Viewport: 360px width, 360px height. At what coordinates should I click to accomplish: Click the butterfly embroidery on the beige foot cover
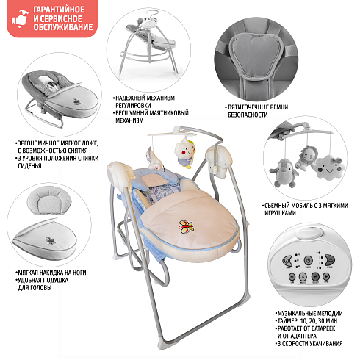(x=186, y=227)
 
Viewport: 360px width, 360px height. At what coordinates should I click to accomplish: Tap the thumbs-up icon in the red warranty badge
(x=21, y=18)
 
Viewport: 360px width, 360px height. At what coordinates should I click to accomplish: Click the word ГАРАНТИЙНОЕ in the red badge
(x=59, y=10)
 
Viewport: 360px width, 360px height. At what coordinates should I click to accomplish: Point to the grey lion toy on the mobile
(x=307, y=158)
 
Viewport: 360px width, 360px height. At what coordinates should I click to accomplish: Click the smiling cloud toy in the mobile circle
(x=330, y=168)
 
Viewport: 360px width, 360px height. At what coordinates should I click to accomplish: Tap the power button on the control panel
(x=308, y=260)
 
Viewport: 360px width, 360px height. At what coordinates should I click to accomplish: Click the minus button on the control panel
(x=292, y=277)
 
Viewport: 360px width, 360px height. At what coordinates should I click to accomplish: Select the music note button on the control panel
(x=303, y=277)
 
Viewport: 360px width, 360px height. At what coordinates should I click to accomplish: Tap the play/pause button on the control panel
(x=315, y=277)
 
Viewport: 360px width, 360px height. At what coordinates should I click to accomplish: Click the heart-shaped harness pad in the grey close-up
(x=256, y=56)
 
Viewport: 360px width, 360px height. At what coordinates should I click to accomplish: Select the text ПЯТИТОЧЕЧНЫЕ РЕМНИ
(x=258, y=107)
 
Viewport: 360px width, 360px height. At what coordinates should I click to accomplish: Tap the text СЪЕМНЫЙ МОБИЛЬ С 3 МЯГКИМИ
(x=306, y=206)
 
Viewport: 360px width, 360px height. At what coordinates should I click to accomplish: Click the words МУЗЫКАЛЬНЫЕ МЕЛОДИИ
(x=310, y=313)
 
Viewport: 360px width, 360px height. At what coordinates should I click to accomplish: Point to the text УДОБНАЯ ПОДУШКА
(x=43, y=280)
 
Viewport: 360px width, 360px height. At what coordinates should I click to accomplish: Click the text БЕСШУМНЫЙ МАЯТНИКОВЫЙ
(x=152, y=113)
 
